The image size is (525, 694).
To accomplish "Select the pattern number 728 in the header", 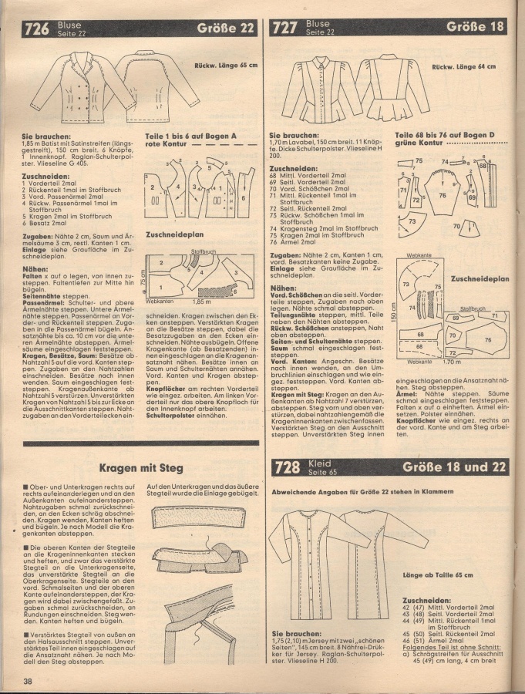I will [288, 469].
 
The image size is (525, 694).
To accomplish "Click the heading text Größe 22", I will [226, 30].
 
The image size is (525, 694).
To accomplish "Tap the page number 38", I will [27, 680].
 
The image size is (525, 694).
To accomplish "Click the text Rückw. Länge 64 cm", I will [463, 67].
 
